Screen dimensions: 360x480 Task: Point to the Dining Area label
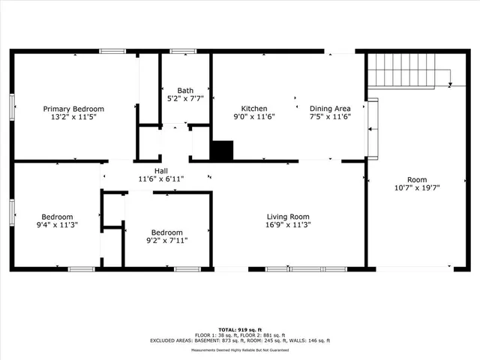pos(330,108)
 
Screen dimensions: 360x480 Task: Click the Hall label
pos(160,171)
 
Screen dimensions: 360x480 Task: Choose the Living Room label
pos(288,216)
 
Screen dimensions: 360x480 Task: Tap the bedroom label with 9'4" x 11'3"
pos(57,216)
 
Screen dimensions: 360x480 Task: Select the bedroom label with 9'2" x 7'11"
pos(166,232)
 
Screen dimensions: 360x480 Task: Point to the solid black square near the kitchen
pos(221,151)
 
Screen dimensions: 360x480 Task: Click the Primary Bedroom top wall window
pos(112,51)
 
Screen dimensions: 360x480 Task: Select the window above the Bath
pos(182,51)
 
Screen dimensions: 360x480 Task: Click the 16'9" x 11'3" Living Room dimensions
pos(288,224)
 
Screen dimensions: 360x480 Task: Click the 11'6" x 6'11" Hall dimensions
pos(160,178)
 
